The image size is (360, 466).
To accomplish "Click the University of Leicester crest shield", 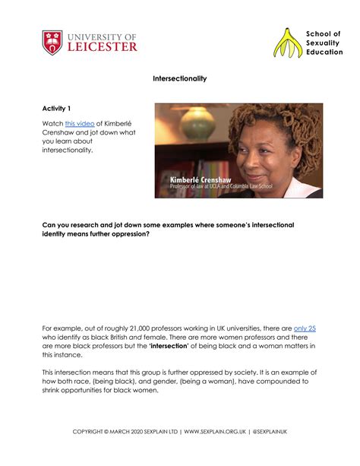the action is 52,42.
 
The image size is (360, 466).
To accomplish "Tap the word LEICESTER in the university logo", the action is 102,46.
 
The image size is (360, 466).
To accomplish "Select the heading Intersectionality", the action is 180,78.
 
